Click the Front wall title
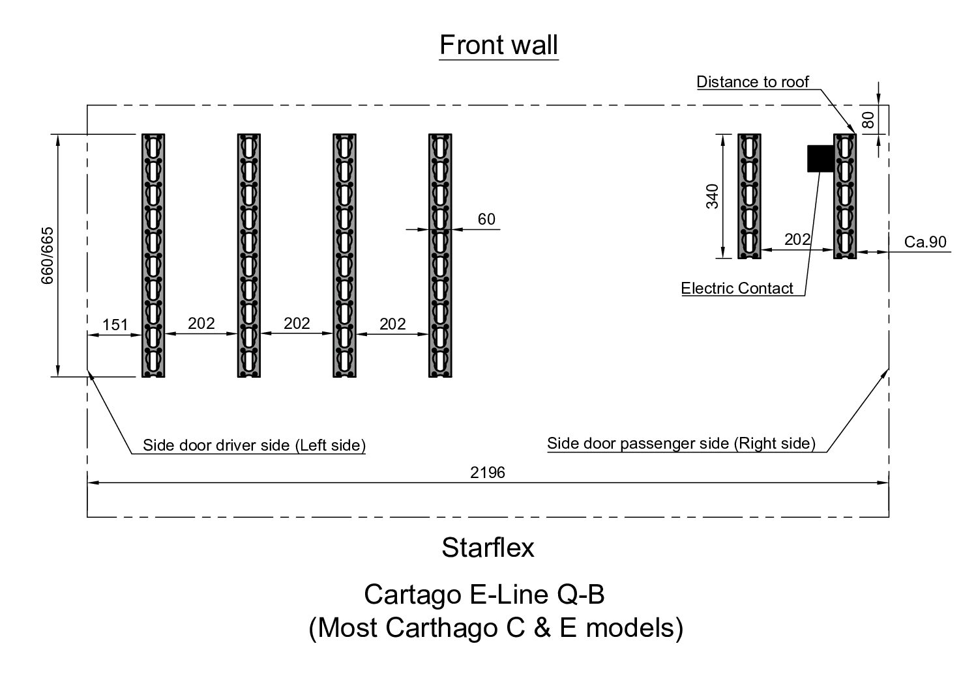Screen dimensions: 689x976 point(499,46)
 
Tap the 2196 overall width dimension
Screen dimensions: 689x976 point(488,473)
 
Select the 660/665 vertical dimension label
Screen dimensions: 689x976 point(48,255)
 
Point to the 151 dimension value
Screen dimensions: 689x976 point(115,324)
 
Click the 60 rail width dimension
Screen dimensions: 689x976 point(486,219)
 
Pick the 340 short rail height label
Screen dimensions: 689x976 point(713,196)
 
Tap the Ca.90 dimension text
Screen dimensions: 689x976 point(925,242)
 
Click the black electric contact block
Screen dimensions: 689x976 point(820,158)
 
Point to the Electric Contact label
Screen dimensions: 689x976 point(737,288)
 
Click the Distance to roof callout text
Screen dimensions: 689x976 point(752,82)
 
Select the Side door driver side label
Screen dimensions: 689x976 point(254,445)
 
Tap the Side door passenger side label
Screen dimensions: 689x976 point(681,444)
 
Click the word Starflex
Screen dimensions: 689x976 point(488,548)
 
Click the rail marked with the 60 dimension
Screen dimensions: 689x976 point(440,255)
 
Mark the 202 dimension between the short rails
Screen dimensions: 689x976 point(797,240)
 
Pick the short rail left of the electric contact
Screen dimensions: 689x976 point(749,196)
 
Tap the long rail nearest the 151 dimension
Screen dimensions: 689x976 point(153,255)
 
